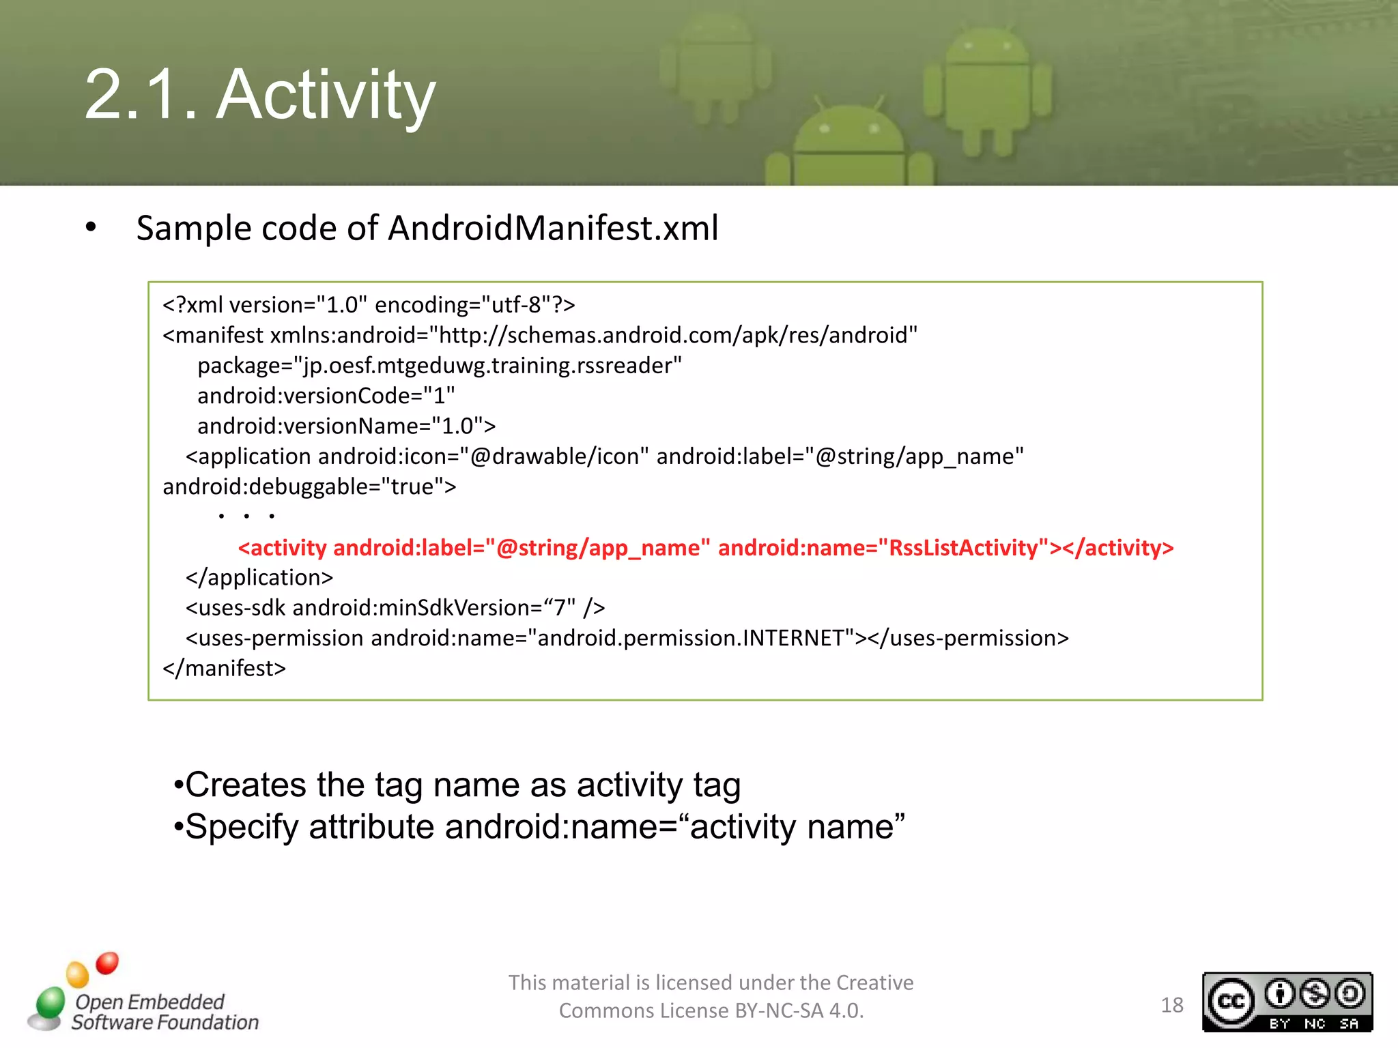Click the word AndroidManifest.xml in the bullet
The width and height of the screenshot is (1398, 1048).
point(553,228)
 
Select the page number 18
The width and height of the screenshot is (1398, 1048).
point(1172,1005)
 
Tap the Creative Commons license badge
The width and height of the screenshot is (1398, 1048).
point(1287,1002)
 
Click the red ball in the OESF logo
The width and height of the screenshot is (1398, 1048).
point(107,963)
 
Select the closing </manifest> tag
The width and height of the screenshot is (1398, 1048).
point(224,668)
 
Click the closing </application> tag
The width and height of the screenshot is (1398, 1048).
point(259,577)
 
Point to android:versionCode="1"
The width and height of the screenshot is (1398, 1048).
point(326,396)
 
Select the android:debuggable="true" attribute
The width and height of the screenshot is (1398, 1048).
point(309,486)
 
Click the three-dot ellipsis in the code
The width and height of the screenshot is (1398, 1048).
point(246,516)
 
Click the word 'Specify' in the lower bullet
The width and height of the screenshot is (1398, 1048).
point(242,827)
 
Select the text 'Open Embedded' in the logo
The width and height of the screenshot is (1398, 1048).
point(149,1002)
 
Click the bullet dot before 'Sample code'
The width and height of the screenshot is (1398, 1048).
point(91,227)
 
